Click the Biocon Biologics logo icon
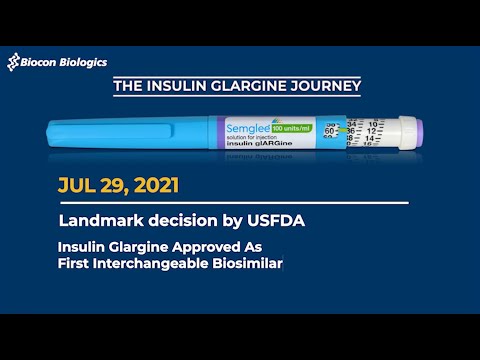[x=15, y=63]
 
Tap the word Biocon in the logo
[x=39, y=62]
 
